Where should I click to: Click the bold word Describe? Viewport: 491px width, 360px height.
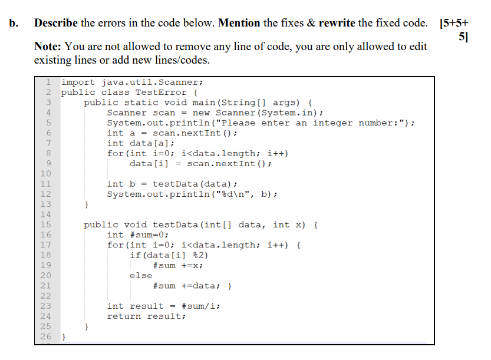click(x=56, y=23)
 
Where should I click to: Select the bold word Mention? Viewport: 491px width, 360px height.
click(x=239, y=23)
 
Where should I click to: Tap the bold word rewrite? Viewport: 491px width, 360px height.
click(x=337, y=23)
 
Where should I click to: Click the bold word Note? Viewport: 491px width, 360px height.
click(x=48, y=47)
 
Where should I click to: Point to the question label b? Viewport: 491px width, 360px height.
click(x=14, y=23)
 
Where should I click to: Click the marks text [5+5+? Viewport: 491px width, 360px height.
click(x=454, y=23)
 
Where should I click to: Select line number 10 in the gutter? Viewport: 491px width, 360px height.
click(x=45, y=174)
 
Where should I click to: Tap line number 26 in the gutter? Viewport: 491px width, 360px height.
click(x=45, y=336)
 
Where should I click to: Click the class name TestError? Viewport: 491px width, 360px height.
click(x=161, y=93)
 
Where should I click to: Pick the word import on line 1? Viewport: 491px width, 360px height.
click(x=78, y=82)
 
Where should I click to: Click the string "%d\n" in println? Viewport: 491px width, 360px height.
click(x=232, y=194)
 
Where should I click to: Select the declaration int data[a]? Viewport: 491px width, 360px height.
click(x=141, y=143)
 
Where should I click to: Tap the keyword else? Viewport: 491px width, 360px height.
click(x=141, y=276)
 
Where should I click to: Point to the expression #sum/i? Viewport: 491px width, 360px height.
click(x=201, y=306)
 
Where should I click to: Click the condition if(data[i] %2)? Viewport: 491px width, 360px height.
click(x=169, y=256)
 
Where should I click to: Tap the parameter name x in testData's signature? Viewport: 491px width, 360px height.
click(x=298, y=224)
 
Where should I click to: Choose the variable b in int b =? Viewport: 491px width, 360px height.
click(x=133, y=184)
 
